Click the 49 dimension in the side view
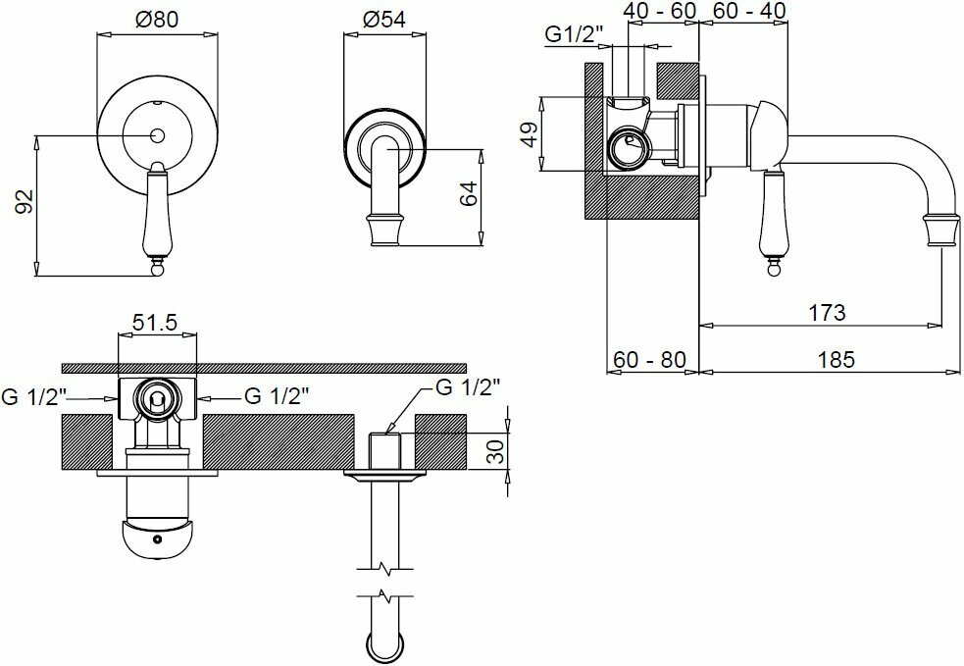tap(529, 133)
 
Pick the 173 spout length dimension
tap(827, 313)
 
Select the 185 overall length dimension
tap(836, 359)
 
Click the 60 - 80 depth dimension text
tap(649, 359)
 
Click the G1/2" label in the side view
tap(574, 35)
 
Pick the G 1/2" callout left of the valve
tap(32, 396)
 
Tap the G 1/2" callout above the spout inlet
tap(467, 385)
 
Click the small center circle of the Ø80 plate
tap(157, 133)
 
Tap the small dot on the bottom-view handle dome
tap(156, 538)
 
